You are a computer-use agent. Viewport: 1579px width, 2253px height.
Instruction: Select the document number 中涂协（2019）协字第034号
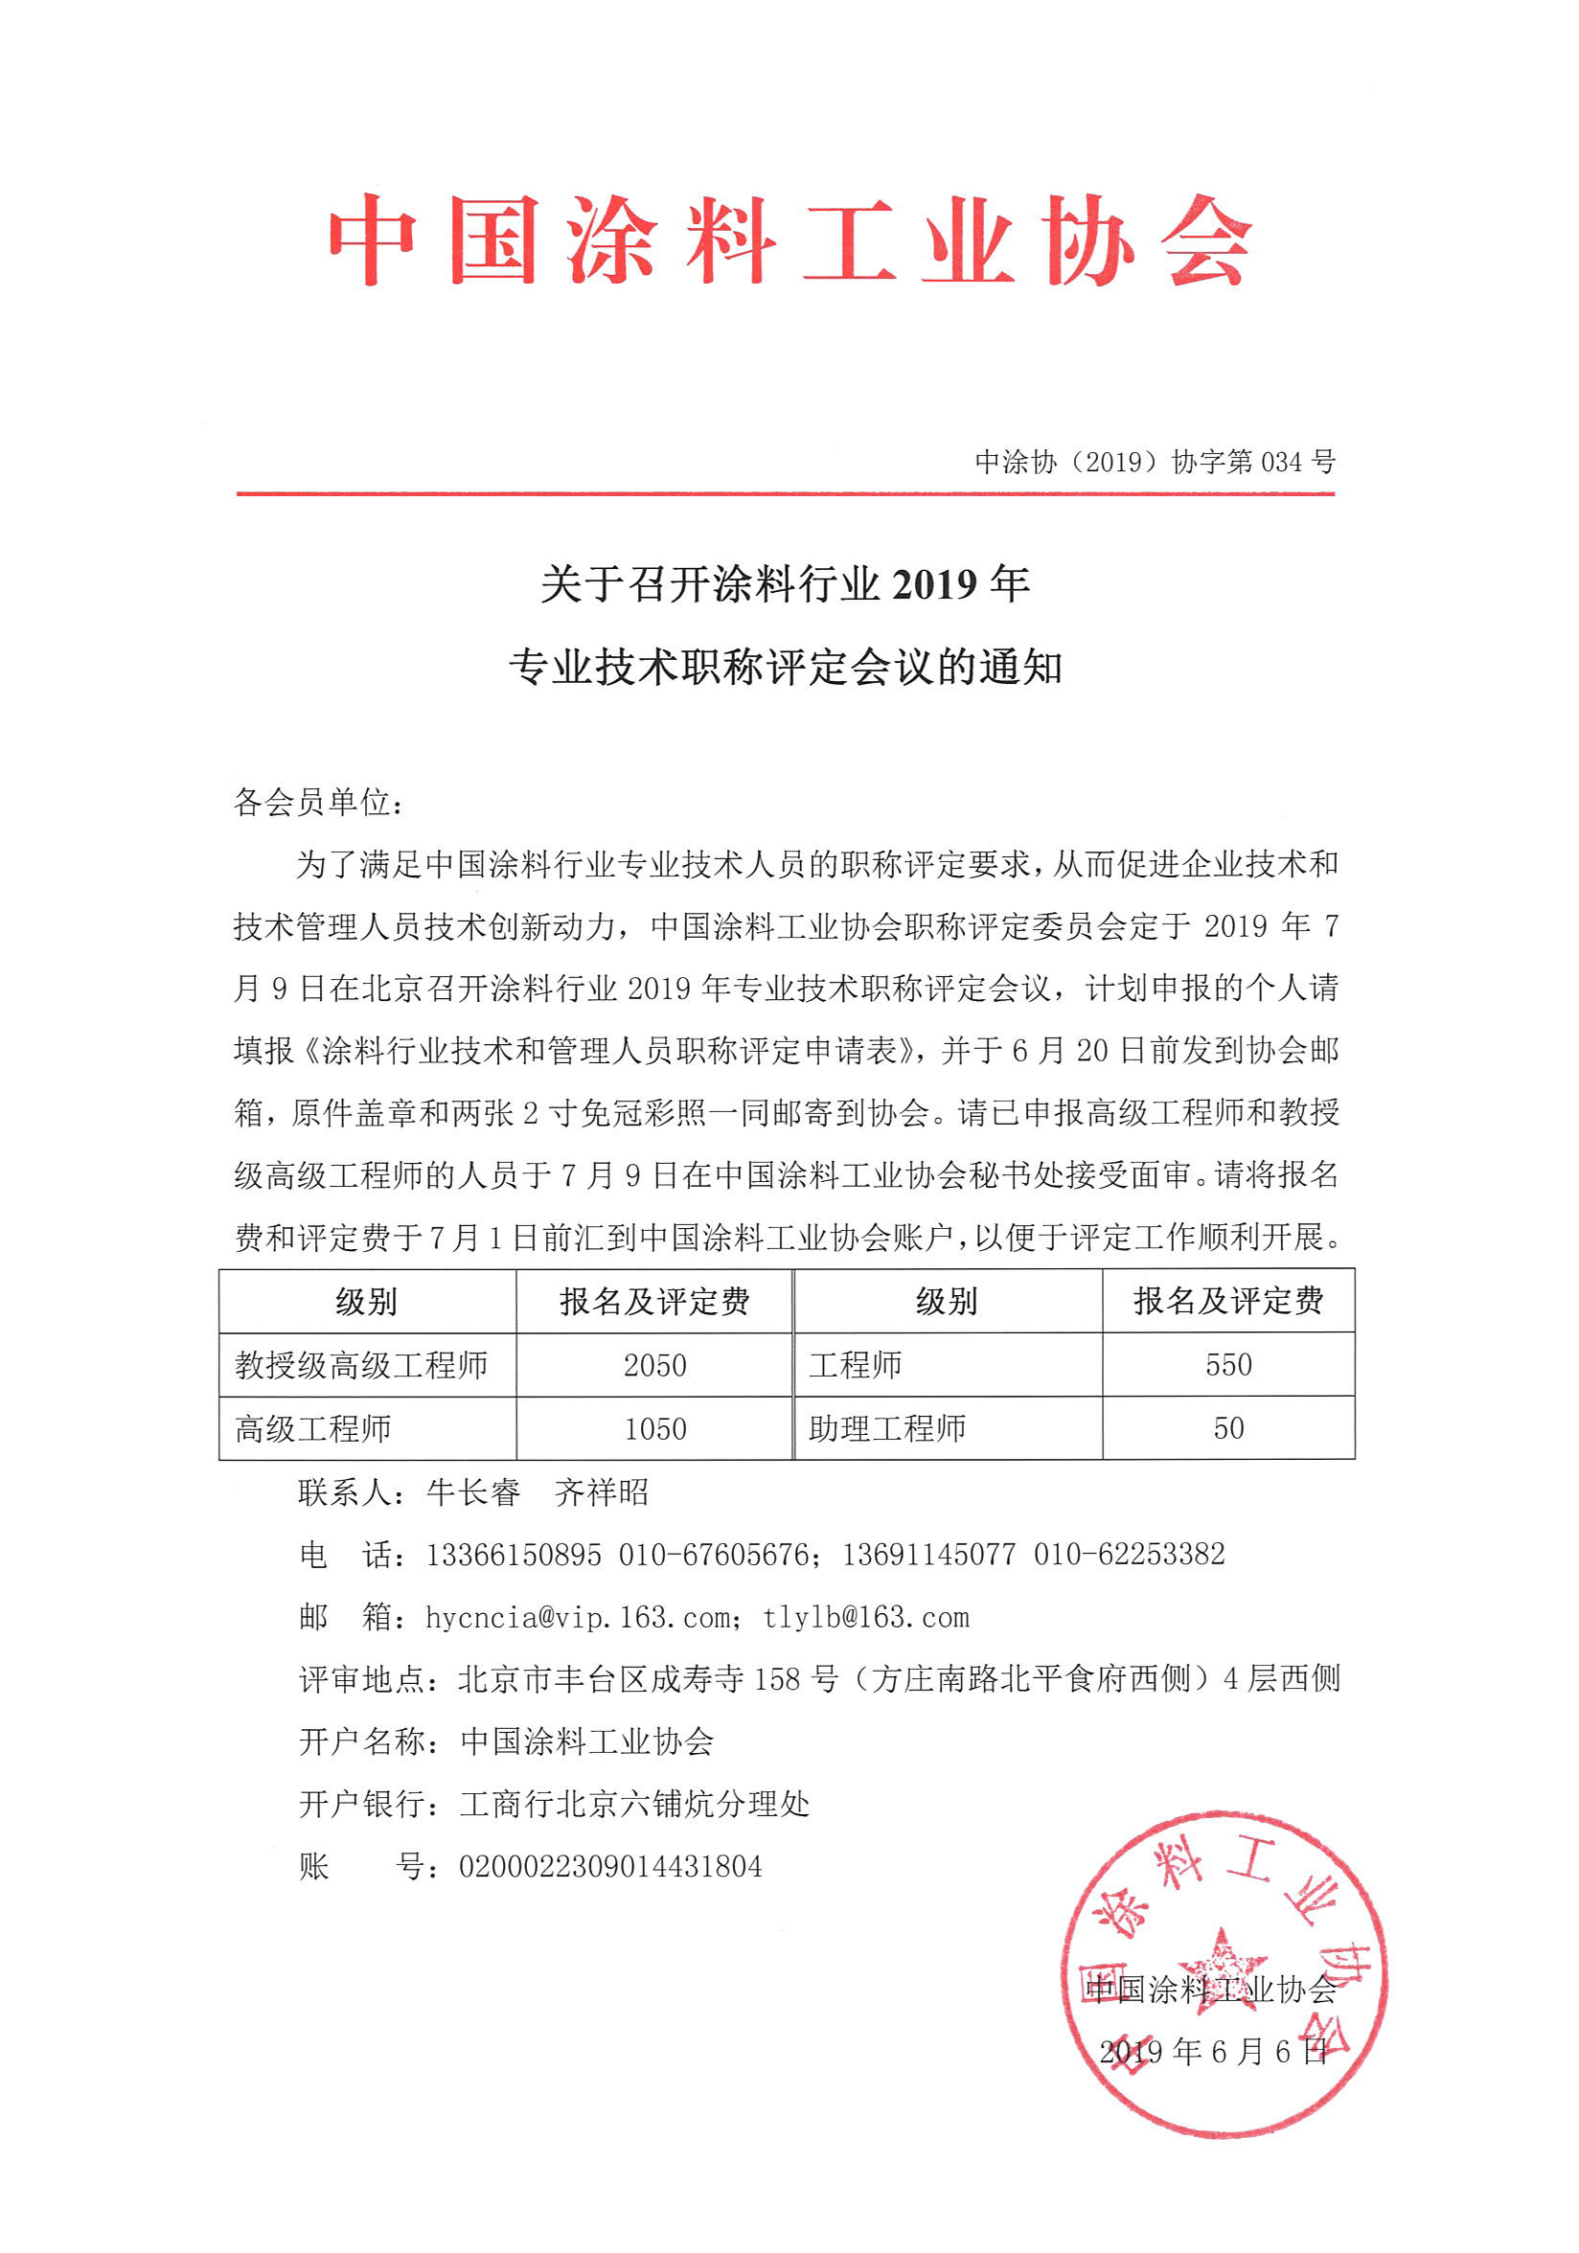[x=1155, y=461]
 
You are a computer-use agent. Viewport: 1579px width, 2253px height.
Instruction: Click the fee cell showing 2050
[x=654, y=1365]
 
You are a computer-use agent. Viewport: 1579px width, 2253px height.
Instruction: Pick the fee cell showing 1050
[x=654, y=1429]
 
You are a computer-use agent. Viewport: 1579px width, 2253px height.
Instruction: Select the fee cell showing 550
[x=1227, y=1365]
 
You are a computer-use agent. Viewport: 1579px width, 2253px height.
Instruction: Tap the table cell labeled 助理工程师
[x=886, y=1429]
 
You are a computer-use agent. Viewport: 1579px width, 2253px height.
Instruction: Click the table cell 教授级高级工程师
[x=361, y=1365]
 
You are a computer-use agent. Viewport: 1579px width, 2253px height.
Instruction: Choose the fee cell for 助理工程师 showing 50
[x=1227, y=1429]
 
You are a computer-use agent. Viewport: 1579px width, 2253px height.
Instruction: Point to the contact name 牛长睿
[x=473, y=1492]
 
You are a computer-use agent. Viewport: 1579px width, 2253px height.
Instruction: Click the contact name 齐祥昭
[x=601, y=1492]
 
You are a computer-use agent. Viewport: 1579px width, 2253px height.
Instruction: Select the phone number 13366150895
[x=514, y=1555]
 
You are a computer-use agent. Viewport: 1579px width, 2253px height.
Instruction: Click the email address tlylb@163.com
[x=865, y=1617]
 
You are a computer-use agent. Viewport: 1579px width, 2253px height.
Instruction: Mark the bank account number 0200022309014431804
[x=609, y=1866]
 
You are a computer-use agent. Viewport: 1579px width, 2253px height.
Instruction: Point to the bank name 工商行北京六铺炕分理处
[x=634, y=1804]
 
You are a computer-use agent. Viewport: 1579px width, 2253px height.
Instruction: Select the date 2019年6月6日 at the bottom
[x=1212, y=2051]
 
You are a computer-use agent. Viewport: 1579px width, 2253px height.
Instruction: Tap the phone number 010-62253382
[x=1129, y=1555]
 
